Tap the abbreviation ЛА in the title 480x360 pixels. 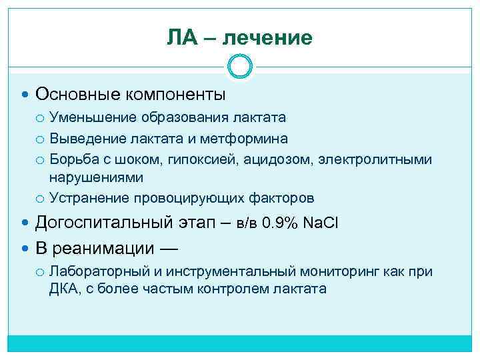181,38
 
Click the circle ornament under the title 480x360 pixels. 239,67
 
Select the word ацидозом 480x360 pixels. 254,160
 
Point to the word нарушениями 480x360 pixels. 96,177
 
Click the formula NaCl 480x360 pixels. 321,223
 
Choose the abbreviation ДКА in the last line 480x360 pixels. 64,289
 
